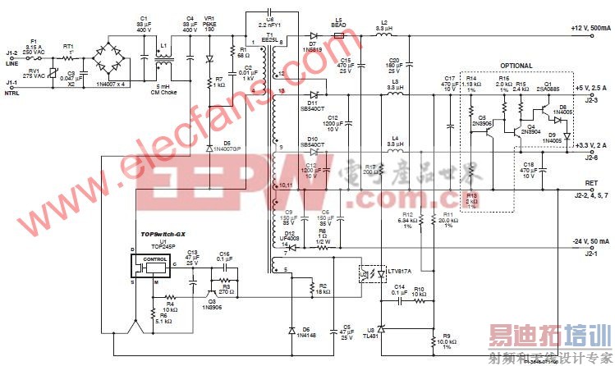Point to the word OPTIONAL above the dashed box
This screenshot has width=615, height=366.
click(x=516, y=66)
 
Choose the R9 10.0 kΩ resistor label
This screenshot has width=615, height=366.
click(x=448, y=338)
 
